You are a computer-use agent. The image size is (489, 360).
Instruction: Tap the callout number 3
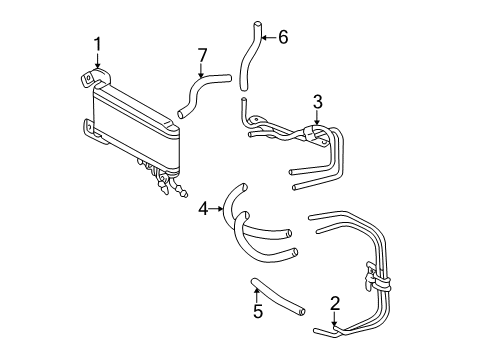click(x=317, y=101)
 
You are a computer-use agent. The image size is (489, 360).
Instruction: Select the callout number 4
click(x=203, y=208)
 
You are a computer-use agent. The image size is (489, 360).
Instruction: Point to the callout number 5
click(x=257, y=311)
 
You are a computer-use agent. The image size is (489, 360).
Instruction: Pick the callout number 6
click(x=283, y=38)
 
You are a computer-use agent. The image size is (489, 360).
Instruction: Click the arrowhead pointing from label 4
click(x=219, y=208)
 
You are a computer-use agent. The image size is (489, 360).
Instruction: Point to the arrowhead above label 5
click(x=257, y=289)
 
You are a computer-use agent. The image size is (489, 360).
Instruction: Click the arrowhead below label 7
click(x=202, y=76)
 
